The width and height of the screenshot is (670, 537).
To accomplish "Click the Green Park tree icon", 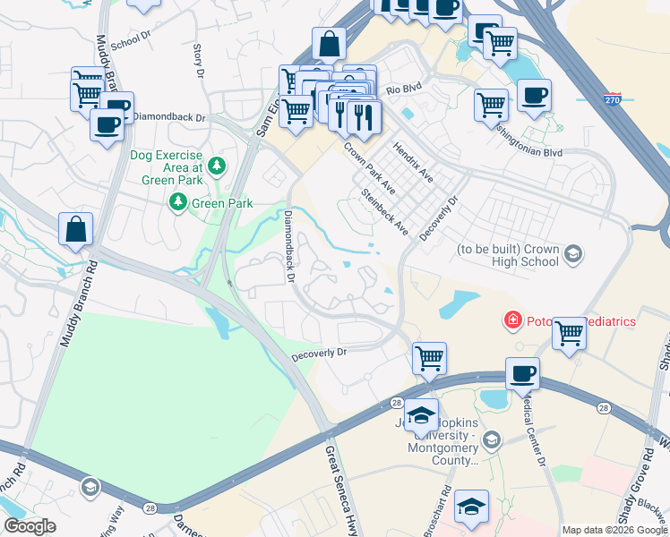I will (179, 203).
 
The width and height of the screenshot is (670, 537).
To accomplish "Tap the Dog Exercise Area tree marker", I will (217, 166).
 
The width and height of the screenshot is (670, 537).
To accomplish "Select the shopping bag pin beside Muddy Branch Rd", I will (76, 230).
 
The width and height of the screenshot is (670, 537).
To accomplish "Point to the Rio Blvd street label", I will (403, 89).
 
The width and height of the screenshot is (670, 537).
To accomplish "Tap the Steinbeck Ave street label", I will (385, 213).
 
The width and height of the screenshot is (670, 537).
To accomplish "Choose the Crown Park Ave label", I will (369, 167).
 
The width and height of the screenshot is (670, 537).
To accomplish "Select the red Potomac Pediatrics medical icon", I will (511, 320).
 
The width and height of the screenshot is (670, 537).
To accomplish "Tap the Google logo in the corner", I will (30, 525).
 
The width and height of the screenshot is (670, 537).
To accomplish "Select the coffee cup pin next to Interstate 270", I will (534, 97).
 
